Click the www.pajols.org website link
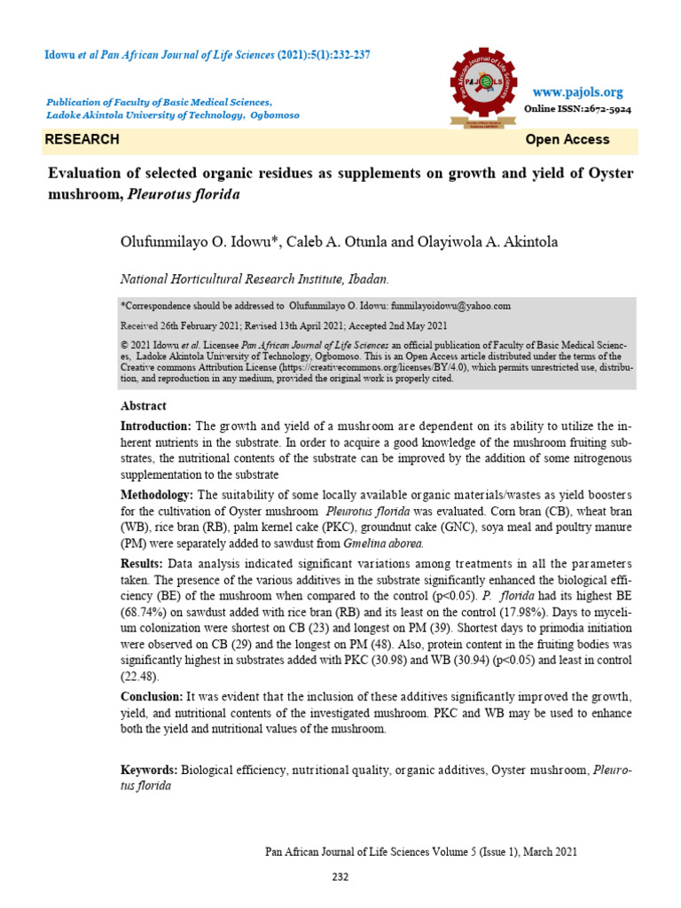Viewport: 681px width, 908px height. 577,92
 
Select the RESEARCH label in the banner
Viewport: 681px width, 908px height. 82,139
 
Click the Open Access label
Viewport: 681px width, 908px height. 567,139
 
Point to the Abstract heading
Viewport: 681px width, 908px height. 143,405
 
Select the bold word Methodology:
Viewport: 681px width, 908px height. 158,494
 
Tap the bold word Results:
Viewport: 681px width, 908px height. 141,563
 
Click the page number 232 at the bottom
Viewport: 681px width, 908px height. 340,878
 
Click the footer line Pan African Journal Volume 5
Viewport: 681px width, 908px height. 421,852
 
